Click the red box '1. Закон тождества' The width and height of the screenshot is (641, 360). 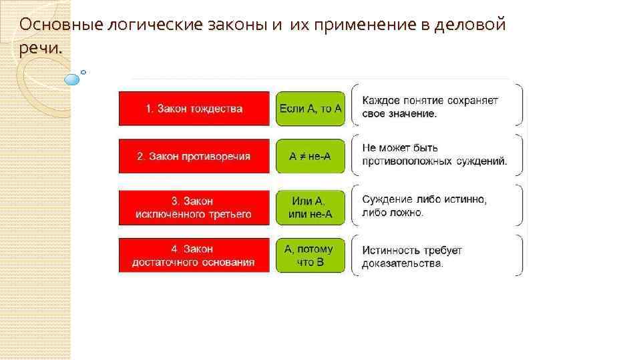point(194,109)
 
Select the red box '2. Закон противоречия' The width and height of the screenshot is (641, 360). point(194,157)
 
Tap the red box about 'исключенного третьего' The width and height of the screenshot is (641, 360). point(194,207)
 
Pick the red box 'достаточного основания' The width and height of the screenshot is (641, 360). point(194,255)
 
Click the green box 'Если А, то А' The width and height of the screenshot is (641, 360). point(310,109)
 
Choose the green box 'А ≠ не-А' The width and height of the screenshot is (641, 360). point(310,157)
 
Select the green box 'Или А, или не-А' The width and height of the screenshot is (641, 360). point(310,207)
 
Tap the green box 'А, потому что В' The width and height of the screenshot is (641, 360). point(310,255)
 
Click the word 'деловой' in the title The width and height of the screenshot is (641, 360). point(470,25)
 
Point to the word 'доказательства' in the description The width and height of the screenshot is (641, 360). point(402,263)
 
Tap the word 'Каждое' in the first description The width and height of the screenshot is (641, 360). point(381,101)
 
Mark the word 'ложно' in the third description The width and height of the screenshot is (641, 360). point(409,213)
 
